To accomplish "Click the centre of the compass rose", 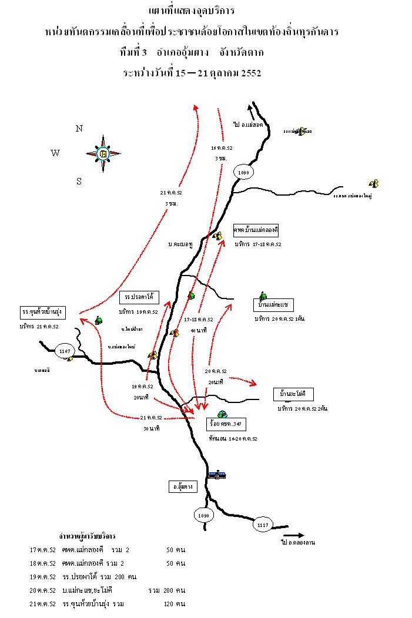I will (x=104, y=153).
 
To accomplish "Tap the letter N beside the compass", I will (x=79, y=129).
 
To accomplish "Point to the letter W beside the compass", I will (x=55, y=153).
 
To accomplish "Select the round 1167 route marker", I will (x=65, y=351).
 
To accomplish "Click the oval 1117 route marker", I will (x=263, y=525).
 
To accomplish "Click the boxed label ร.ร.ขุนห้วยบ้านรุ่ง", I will (x=43, y=311).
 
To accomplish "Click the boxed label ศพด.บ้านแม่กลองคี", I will (x=256, y=229).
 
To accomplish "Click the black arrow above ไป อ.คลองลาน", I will (x=293, y=535).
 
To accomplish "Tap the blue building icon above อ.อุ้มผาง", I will (x=216, y=474).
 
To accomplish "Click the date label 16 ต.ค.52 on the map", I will (x=222, y=148).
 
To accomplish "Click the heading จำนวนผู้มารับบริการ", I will (x=87, y=536).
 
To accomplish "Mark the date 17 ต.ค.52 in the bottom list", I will (x=42, y=550).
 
